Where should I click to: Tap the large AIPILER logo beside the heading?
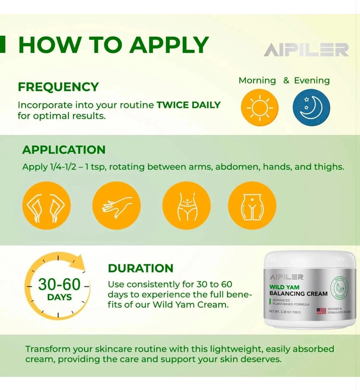pos(306,50)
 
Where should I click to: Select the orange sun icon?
pos(260,108)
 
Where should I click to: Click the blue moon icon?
pos(311,108)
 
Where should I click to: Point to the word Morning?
pos(257,81)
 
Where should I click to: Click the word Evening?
pos(312,81)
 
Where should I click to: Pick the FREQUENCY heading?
pos(58,87)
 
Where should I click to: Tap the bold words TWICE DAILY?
pos(189,105)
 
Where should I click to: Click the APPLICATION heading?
pos(64,150)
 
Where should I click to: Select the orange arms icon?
pos(46,206)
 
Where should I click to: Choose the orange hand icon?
pos(116,206)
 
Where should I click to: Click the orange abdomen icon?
pos(186,206)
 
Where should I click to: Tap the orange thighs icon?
pos(252,206)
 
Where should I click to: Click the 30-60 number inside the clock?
pos(59,285)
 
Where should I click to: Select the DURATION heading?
pos(141,268)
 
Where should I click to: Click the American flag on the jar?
pos(321,311)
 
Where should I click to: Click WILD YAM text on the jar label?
pos(284,287)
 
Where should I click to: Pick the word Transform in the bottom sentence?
pos(47,349)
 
